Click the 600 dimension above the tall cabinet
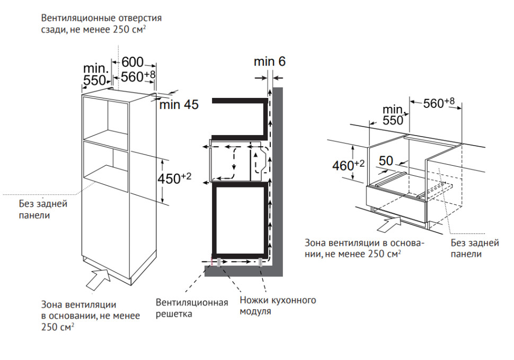[x=132, y=62]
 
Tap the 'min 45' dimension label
[x=179, y=105]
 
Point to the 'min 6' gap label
[x=269, y=61]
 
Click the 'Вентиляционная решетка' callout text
[x=191, y=308]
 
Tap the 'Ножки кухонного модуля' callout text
[x=278, y=306]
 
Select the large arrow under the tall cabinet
[x=99, y=278]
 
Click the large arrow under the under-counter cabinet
[x=389, y=223]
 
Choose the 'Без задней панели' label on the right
[x=475, y=248]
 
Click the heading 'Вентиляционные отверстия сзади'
[x=101, y=24]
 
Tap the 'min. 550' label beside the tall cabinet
[x=96, y=75]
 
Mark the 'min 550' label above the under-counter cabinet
[x=393, y=115]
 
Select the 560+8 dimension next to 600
[x=138, y=76]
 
